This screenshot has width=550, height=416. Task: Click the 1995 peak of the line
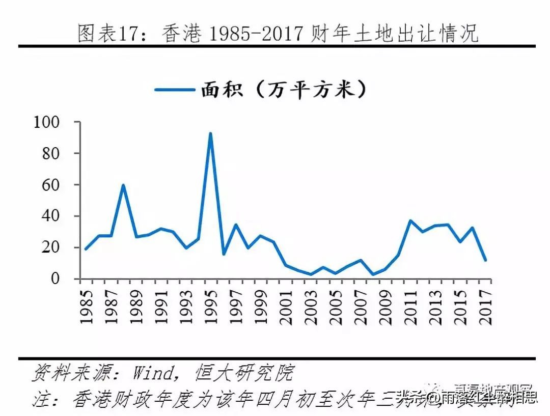210,133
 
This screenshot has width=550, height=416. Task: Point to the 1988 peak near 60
123,185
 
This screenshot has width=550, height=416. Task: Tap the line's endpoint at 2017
485,260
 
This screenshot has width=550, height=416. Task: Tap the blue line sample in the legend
175,90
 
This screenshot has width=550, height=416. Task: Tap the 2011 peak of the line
410,220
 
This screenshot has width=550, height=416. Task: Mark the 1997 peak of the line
235,225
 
